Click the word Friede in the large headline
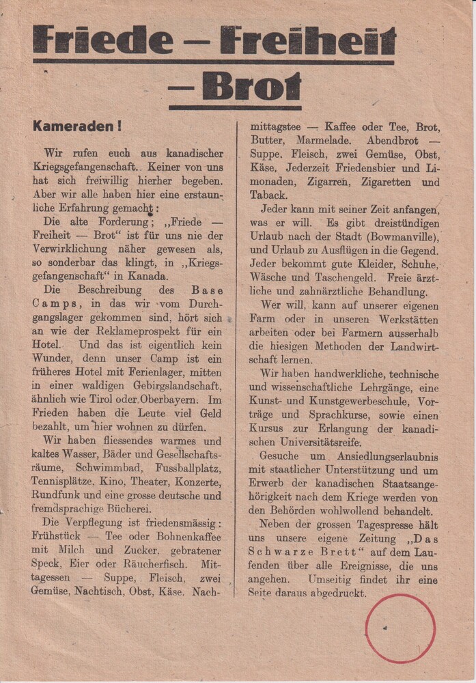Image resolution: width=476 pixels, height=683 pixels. (x=103, y=41)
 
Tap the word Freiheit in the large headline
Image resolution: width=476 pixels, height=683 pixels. (x=307, y=41)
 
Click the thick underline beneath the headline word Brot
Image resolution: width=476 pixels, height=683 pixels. (x=234, y=107)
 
